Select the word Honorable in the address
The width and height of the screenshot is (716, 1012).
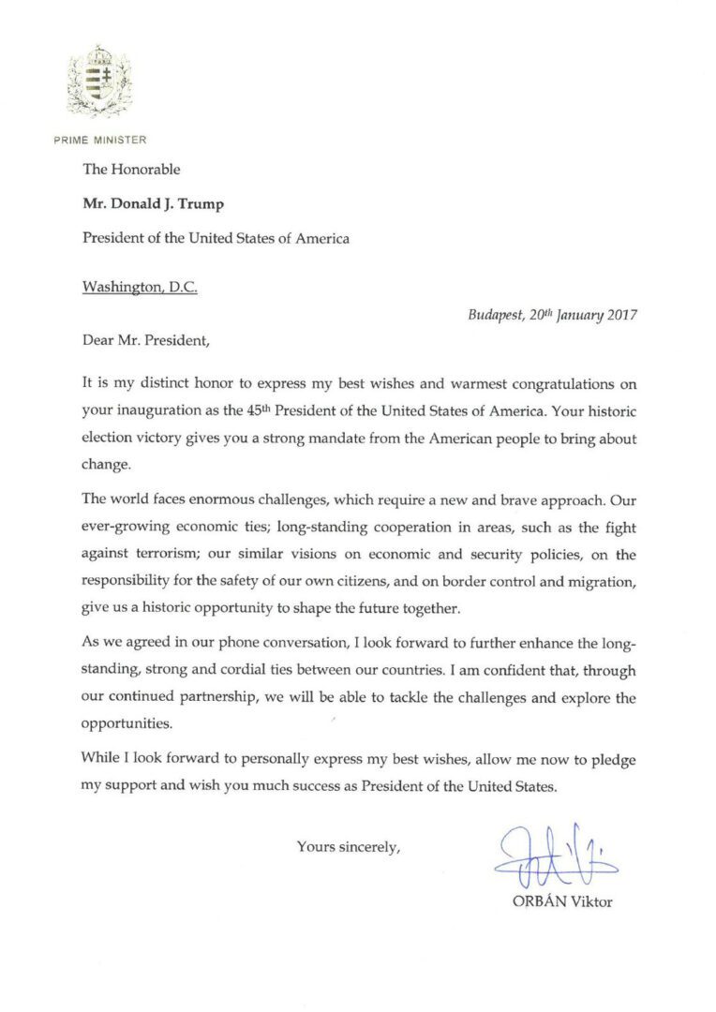145,170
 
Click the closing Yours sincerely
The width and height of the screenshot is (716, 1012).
349,846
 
